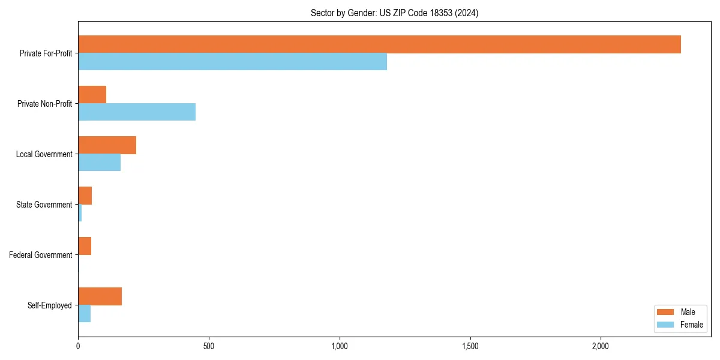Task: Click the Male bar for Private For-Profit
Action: click(379, 44)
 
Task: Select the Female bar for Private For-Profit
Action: click(232, 62)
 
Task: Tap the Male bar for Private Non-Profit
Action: click(92, 95)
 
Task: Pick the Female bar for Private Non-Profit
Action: click(137, 112)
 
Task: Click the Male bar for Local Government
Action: click(107, 145)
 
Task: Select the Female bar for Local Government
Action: click(99, 163)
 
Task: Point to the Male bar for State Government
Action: click(85, 196)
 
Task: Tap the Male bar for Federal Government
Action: click(85, 246)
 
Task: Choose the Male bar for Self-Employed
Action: click(100, 296)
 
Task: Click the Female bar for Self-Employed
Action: click(84, 314)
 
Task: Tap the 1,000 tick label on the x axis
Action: click(340, 346)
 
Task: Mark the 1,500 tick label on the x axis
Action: click(470, 346)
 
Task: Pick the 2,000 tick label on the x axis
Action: click(601, 346)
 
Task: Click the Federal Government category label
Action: click(41, 255)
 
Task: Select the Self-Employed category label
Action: click(50, 305)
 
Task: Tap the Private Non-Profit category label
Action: click(44, 104)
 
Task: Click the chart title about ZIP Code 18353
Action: click(394, 13)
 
